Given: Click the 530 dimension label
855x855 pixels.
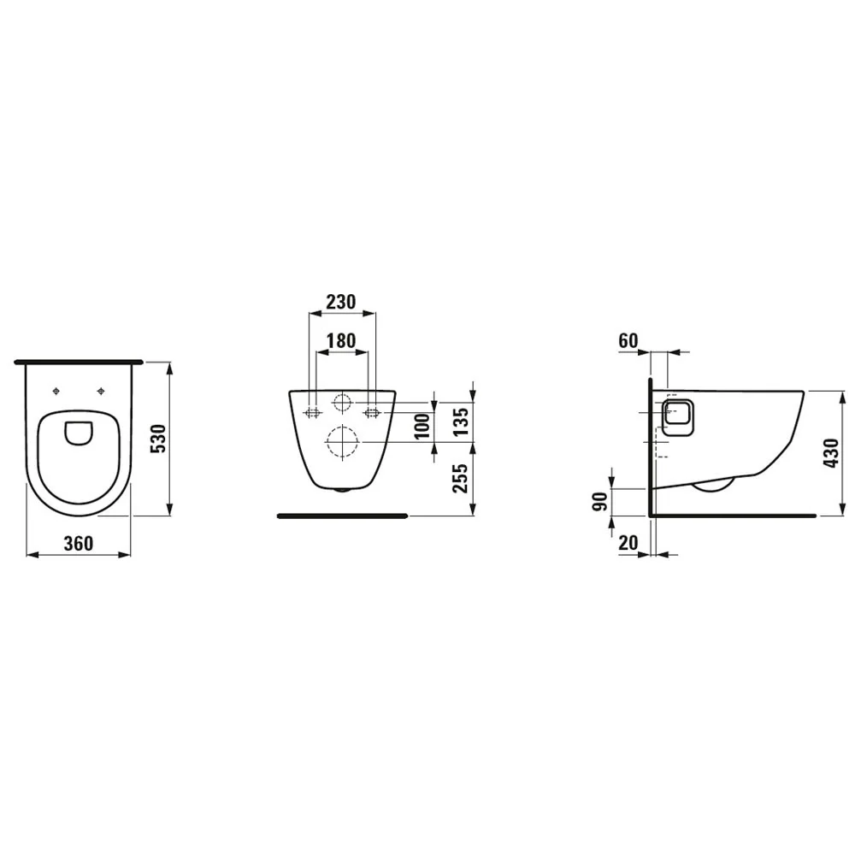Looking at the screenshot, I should click(x=156, y=439).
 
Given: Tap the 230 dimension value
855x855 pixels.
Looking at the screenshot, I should click(x=340, y=302).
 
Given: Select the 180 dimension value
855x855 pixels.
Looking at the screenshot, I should click(x=341, y=339).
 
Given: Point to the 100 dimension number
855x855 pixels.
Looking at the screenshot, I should click(x=421, y=425).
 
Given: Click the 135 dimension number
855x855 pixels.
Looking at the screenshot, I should click(x=461, y=422).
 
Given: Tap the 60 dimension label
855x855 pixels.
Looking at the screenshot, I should click(x=628, y=341).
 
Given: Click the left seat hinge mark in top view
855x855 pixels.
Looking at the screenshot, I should click(x=57, y=392).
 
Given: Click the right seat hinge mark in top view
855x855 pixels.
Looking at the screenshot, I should click(x=102, y=392).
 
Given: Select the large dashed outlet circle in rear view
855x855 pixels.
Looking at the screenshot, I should click(x=341, y=442).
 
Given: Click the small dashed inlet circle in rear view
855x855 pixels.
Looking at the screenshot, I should click(x=342, y=403).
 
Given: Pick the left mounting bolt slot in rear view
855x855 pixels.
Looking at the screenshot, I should click(x=312, y=414).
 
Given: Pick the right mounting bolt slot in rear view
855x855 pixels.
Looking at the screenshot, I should click(x=372, y=414).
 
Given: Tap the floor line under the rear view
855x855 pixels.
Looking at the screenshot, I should click(x=342, y=516).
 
